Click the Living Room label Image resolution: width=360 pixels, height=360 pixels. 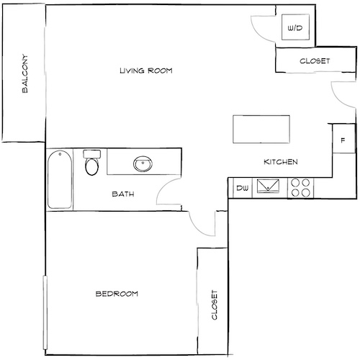147,71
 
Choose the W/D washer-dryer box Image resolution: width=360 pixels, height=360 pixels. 294,29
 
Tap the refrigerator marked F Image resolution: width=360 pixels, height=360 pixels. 343,140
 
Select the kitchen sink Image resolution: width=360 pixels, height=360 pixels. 269,188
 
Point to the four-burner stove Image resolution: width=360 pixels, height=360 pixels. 301,188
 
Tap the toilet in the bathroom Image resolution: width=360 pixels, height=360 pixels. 91,164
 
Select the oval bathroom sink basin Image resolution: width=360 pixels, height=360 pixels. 143,164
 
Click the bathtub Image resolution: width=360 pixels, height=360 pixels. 59,179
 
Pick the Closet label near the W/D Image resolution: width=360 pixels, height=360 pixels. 314,61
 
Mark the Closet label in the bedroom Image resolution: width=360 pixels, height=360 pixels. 214,306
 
